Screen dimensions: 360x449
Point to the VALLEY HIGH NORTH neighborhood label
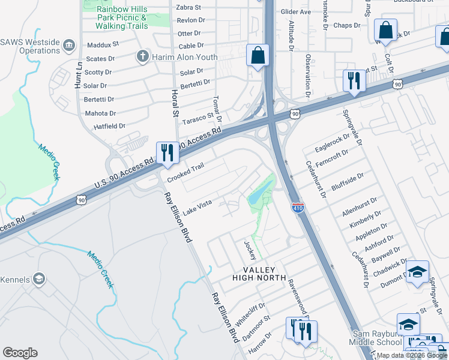[266, 272]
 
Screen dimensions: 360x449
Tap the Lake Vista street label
[197, 206]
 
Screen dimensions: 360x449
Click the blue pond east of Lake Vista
[260, 194]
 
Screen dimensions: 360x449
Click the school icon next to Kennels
[39, 279]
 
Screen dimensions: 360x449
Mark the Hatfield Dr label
[109, 127]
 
